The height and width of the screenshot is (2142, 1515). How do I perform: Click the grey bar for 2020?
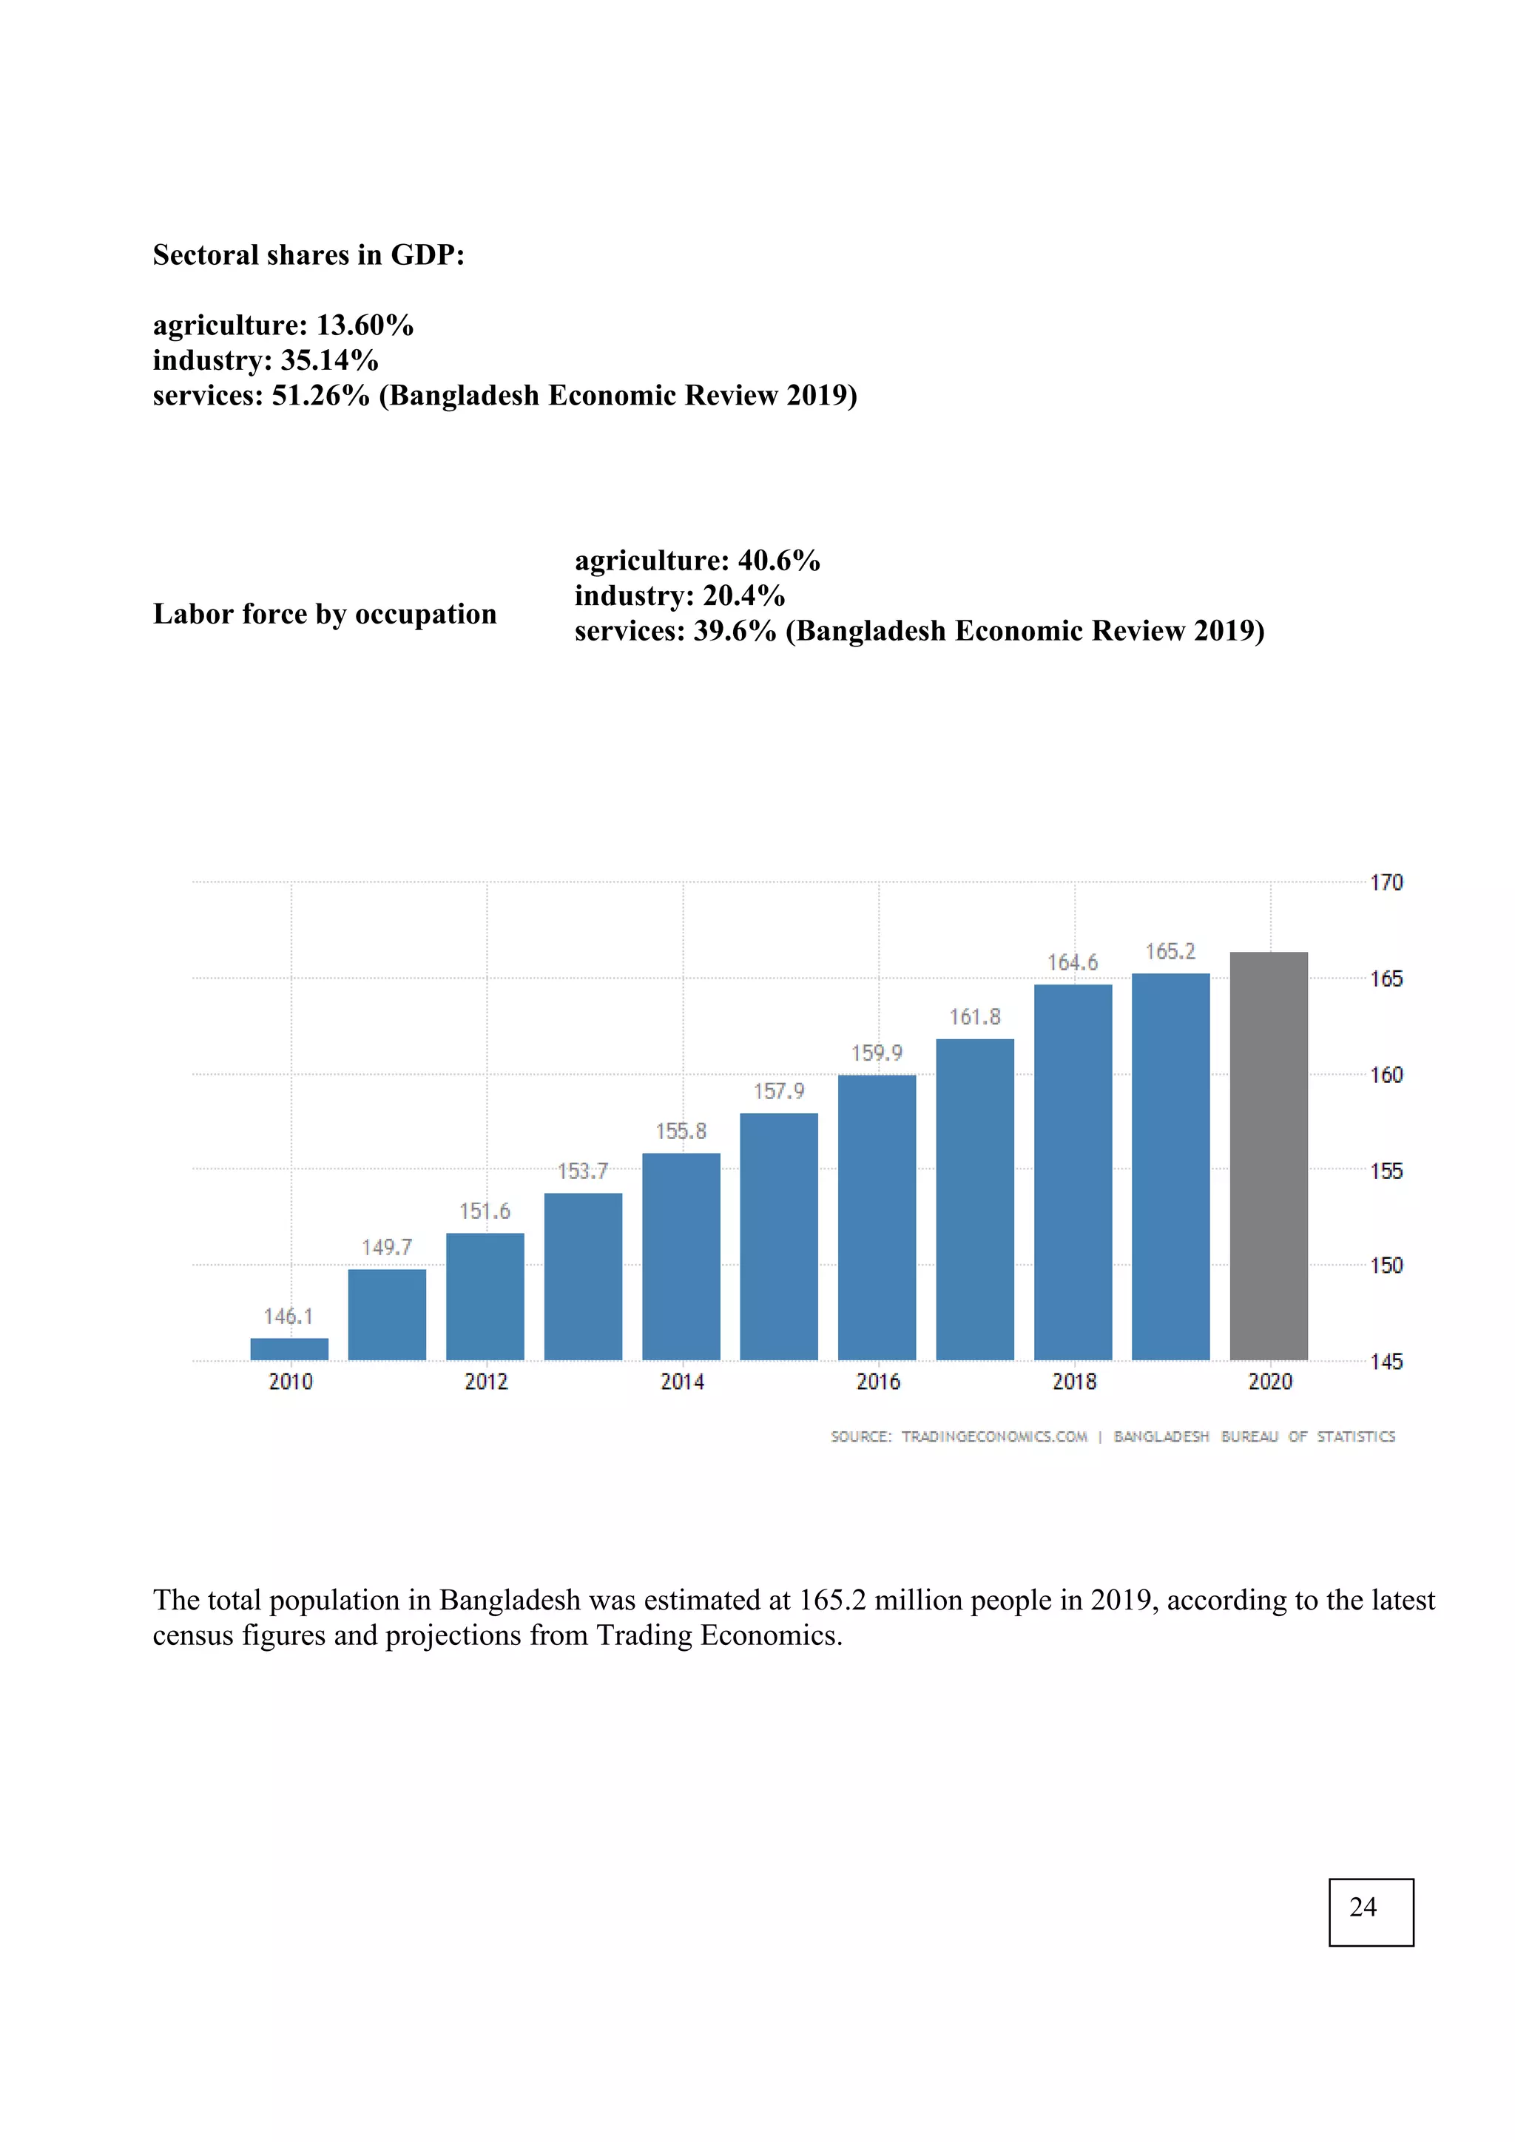tap(1268, 1156)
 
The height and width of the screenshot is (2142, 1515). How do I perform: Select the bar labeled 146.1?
tap(289, 1349)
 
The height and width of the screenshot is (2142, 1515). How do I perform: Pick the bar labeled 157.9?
tap(778, 1236)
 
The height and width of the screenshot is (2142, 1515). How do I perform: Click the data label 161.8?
tap(974, 1017)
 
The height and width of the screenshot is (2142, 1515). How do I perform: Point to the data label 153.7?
tap(582, 1171)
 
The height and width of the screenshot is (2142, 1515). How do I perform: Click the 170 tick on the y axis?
tap(1386, 882)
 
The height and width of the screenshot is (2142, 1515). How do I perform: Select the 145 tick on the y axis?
tap(1386, 1362)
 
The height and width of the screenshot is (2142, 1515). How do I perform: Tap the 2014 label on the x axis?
tap(682, 1382)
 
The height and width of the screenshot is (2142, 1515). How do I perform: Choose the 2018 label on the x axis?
tap(1074, 1382)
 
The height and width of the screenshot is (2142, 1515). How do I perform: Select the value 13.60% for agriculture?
tap(365, 325)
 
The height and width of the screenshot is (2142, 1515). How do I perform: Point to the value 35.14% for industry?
tap(329, 361)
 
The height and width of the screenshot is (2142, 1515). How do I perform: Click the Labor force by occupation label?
tap(325, 614)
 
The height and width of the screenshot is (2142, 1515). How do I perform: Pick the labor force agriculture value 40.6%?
tap(779, 561)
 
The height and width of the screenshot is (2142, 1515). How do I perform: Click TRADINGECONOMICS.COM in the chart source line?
tap(993, 1436)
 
